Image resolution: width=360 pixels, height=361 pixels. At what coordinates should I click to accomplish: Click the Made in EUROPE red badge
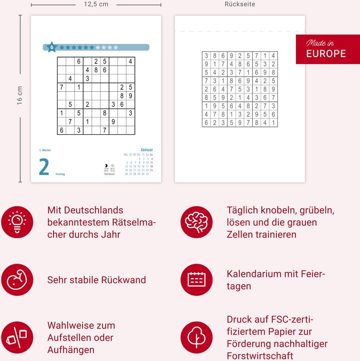pyautogui.click(x=327, y=49)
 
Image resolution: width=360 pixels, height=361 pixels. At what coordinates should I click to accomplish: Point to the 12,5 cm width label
pyautogui.click(x=96, y=4)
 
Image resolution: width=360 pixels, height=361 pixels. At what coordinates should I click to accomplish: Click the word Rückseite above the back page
pyautogui.click(x=240, y=4)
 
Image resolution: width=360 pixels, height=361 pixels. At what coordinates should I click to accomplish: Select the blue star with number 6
pyautogui.click(x=51, y=47)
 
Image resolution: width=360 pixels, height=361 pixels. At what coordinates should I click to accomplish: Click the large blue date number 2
pyautogui.click(x=44, y=167)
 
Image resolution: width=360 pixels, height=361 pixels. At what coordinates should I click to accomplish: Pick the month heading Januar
pyautogui.click(x=146, y=150)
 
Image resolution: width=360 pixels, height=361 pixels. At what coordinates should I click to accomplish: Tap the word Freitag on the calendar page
pyautogui.click(x=60, y=174)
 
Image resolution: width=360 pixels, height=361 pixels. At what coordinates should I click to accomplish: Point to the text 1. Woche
pyautogui.click(x=45, y=150)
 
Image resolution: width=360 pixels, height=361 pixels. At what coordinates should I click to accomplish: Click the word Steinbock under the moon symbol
pyautogui.click(x=109, y=174)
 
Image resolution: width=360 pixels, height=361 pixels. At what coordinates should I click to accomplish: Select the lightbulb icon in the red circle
pyautogui.click(x=17, y=222)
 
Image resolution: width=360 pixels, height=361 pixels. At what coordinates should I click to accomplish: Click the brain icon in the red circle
pyautogui.click(x=197, y=222)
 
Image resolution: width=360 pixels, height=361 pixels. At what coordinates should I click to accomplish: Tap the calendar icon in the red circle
pyautogui.click(x=197, y=280)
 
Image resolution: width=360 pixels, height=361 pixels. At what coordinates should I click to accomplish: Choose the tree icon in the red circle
pyautogui.click(x=197, y=337)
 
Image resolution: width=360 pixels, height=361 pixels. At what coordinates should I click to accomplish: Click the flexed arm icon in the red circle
pyautogui.click(x=17, y=280)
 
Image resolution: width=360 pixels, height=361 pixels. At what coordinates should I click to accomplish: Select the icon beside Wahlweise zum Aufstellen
pyautogui.click(x=17, y=337)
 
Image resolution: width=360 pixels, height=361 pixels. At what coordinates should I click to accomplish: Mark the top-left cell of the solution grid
pyautogui.click(x=207, y=56)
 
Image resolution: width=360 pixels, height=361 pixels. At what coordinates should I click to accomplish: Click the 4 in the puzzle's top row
pyautogui.click(x=130, y=61)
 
